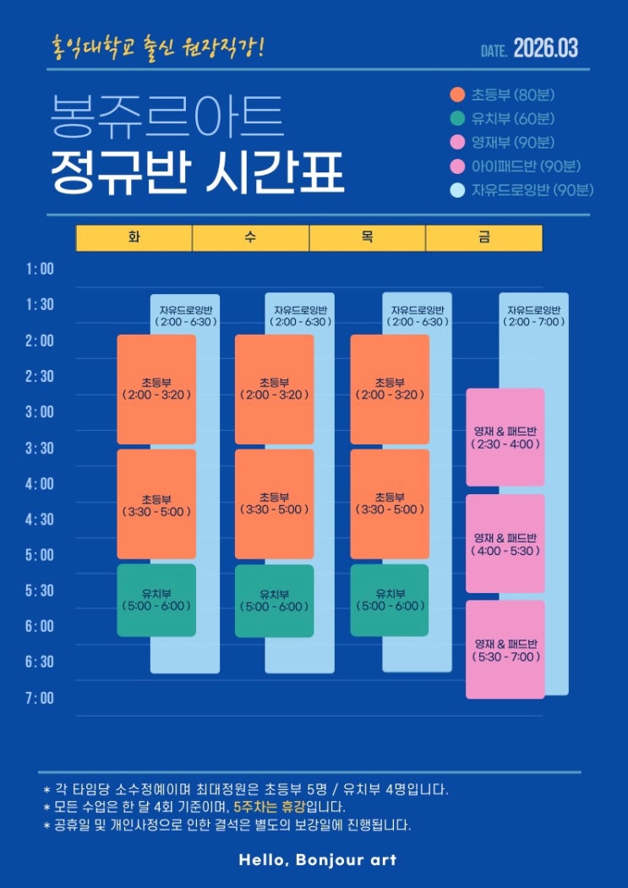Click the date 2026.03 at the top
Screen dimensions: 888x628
(545, 48)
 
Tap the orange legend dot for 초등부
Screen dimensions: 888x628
(458, 95)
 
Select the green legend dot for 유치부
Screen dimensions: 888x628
(458, 118)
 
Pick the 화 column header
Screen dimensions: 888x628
(134, 238)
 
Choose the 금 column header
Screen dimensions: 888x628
(483, 238)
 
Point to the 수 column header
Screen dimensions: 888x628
(250, 238)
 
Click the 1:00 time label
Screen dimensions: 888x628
(40, 270)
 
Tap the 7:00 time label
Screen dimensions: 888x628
(40, 698)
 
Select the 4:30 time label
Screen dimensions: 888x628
(40, 520)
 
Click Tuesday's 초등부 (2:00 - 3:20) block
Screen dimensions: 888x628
(156, 389)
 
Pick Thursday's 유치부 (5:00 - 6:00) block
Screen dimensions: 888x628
(390, 600)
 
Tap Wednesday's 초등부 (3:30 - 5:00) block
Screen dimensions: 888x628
(274, 504)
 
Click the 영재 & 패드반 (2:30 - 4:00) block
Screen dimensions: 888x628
(505, 438)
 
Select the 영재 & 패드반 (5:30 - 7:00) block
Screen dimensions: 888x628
(505, 650)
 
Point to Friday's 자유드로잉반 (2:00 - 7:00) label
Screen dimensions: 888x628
(533, 315)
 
